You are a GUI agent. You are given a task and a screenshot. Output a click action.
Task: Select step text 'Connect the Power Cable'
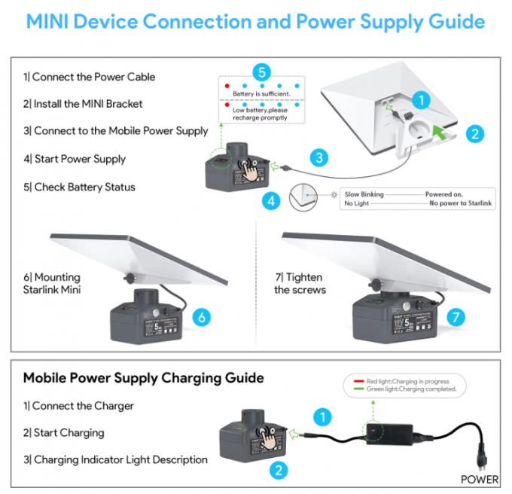pos(89,77)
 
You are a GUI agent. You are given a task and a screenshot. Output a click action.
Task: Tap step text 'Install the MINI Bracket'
pos(83,104)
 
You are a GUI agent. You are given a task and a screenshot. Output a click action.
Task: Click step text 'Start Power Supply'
pos(75,159)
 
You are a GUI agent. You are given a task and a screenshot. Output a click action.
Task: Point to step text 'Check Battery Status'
pos(79,187)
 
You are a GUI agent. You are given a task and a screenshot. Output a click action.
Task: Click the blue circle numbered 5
pos(261,72)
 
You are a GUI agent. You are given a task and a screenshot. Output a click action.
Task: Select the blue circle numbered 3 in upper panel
pos(320,157)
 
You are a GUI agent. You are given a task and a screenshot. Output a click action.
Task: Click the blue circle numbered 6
pos(202,317)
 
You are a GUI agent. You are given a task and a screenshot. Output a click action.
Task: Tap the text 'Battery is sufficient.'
pos(261,94)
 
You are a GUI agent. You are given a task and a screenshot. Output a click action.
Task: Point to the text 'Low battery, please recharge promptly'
pos(260,114)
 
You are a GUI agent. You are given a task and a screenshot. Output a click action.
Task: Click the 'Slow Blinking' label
pos(364,194)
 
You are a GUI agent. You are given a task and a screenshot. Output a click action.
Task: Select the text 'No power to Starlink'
pos(461,203)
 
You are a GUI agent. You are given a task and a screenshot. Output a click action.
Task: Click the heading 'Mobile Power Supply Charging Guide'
pos(143,377)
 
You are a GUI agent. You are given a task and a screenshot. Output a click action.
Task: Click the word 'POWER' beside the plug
pos(480,478)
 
